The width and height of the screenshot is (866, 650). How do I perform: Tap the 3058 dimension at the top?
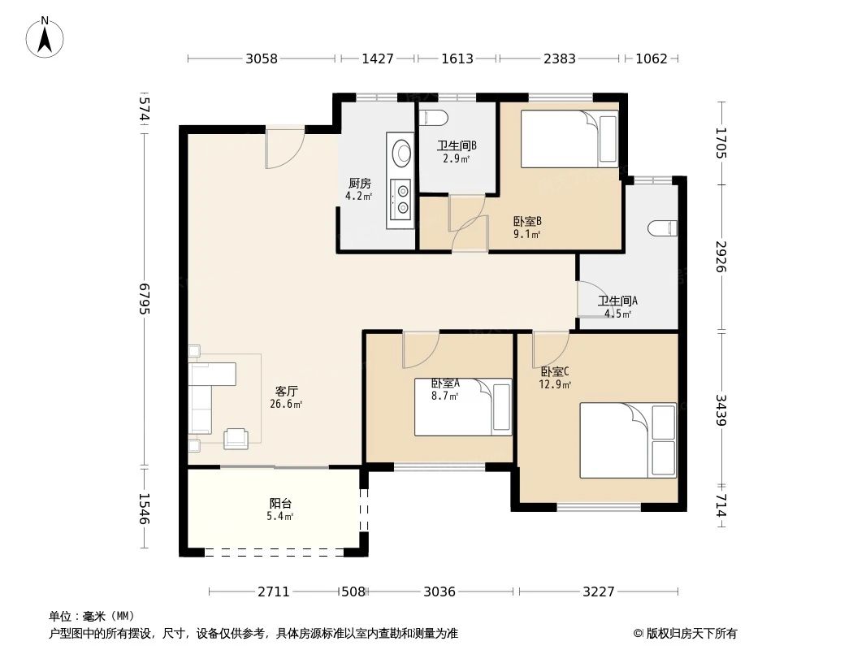[262, 58]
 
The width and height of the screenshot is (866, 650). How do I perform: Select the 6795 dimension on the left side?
[145, 298]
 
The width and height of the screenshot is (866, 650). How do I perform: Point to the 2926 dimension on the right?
[720, 257]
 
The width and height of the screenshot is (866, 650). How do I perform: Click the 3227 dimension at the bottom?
[598, 591]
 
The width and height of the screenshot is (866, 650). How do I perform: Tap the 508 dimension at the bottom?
[353, 591]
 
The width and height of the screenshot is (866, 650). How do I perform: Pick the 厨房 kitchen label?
[359, 184]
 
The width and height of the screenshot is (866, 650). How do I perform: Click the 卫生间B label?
[456, 146]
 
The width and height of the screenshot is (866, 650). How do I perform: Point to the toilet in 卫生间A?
[664, 228]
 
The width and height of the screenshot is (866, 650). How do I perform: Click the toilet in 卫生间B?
[435, 118]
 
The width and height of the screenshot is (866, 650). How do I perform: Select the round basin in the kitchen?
[401, 152]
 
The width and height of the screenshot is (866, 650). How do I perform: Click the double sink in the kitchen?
[401, 198]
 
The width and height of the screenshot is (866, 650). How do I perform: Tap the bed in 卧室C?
[627, 440]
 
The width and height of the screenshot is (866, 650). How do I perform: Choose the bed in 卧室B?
[569, 138]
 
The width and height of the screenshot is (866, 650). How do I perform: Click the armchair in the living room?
[236, 438]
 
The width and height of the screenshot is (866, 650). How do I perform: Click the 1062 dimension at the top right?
[651, 58]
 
